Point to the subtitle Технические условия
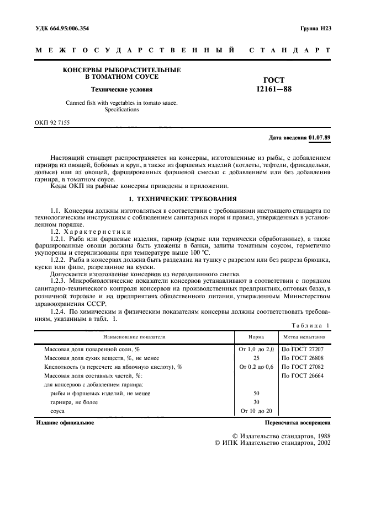122,89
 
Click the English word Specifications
121,109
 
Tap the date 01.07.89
320,137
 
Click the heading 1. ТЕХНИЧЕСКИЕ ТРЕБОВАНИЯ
182,198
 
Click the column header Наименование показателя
133,336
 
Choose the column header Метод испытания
304,336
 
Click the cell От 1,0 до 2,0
256,349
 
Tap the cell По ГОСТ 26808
303,358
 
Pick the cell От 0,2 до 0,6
256,367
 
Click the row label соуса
58,411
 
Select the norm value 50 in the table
256,393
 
